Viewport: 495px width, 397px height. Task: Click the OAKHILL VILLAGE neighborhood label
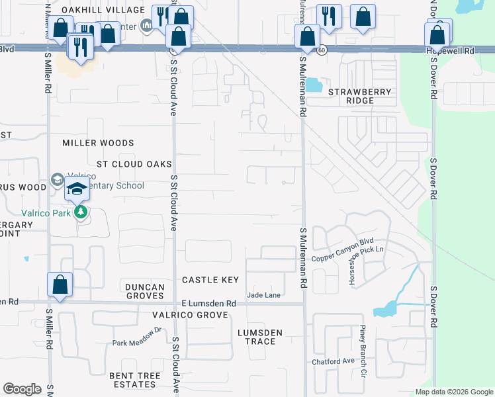click(103, 10)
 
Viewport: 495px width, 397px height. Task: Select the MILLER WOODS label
click(98, 143)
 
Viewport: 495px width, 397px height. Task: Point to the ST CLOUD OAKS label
click(134, 163)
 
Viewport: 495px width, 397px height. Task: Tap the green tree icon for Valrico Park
click(81, 212)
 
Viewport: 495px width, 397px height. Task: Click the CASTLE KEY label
click(210, 280)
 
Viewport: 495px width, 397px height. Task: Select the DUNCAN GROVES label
click(144, 291)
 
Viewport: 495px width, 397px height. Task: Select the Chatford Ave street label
click(334, 361)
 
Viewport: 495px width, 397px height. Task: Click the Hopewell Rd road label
click(473, 50)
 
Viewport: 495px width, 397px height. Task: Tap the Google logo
click(22, 389)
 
